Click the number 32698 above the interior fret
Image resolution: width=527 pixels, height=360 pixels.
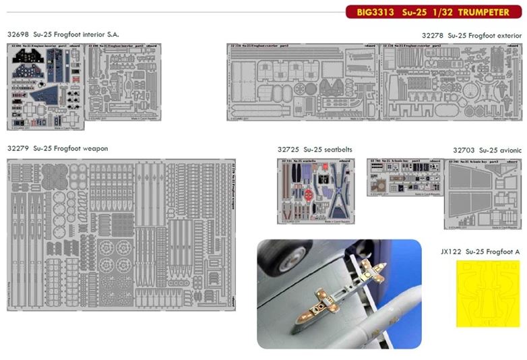(19, 34)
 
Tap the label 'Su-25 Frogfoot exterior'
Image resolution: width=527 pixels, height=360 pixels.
(485, 34)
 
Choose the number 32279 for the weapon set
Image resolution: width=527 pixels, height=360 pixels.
(19, 148)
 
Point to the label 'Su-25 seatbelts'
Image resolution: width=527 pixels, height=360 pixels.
(328, 149)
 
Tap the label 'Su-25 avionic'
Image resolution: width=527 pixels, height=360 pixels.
(502, 150)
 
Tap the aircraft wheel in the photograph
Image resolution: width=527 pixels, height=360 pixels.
(290, 256)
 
